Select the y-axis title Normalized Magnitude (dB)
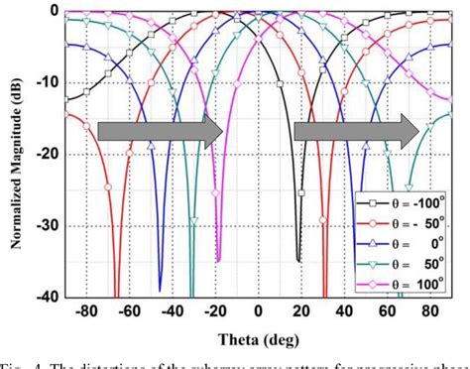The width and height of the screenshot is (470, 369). click(x=14, y=153)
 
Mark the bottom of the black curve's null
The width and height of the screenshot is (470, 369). click(x=298, y=261)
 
